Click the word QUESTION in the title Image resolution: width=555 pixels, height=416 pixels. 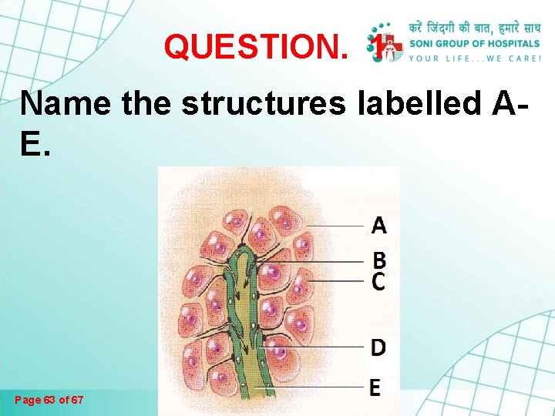coord(255,48)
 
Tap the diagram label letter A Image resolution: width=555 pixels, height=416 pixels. coord(378,226)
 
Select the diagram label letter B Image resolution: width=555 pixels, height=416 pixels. coord(379,260)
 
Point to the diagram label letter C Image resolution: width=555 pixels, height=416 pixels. coord(378,282)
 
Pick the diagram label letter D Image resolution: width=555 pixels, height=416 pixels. coord(378,348)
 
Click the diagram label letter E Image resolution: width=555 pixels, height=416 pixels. coord(375,387)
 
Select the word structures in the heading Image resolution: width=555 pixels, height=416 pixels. coord(258,103)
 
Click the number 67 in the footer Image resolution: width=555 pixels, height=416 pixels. coord(77,401)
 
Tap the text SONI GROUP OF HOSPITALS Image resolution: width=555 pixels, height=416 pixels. coord(475,44)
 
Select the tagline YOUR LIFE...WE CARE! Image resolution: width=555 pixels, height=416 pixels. coord(475,59)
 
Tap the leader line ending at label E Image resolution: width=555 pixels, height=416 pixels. coord(324,386)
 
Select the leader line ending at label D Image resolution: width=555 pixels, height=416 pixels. coord(324,347)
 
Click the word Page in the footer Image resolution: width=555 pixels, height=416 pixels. coord(27,401)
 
